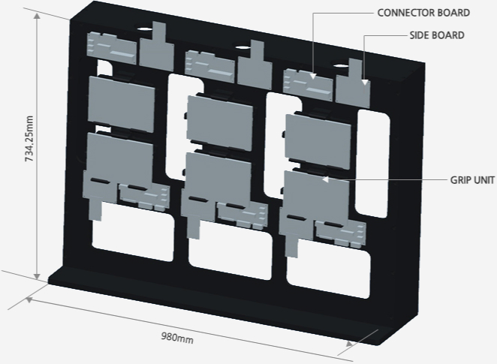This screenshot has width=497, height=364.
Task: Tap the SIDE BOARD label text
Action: point(437,35)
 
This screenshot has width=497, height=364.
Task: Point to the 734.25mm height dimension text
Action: point(29,139)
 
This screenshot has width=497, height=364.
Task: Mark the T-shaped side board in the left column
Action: point(158,46)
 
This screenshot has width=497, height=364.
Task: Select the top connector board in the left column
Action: point(112,47)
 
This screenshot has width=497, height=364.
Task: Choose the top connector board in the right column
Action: point(308,82)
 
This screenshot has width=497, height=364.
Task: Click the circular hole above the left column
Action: point(143,29)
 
